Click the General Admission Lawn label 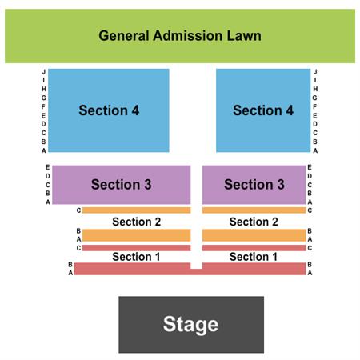[180, 36]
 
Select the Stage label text [190, 323]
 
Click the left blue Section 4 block [109, 110]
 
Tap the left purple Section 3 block [121, 184]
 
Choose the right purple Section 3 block [254, 184]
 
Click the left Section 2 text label [136, 222]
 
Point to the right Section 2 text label [254, 222]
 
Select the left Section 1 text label [136, 257]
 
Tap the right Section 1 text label [254, 257]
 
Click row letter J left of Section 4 [44, 72]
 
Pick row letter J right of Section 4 [315, 72]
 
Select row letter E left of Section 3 [48, 168]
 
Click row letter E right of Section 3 [310, 168]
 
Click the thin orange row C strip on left [136, 210]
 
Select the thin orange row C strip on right [254, 210]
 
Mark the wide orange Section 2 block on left [136, 235]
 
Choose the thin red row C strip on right [254, 248]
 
